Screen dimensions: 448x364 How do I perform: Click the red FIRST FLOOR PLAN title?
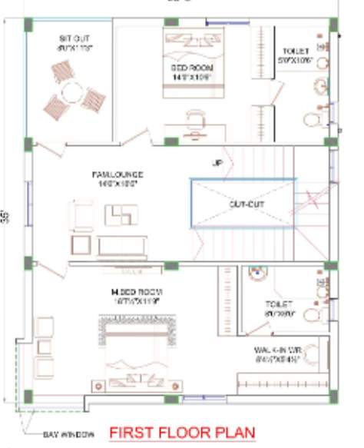[181, 433]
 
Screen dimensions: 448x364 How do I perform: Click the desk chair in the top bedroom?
[196, 117]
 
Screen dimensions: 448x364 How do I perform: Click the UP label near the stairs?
[217, 164]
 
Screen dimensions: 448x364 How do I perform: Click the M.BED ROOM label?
[136, 297]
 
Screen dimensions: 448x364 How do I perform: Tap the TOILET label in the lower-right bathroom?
[279, 308]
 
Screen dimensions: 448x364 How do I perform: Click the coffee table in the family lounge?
[121, 215]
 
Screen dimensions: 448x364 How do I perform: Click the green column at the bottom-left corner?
[28, 397]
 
